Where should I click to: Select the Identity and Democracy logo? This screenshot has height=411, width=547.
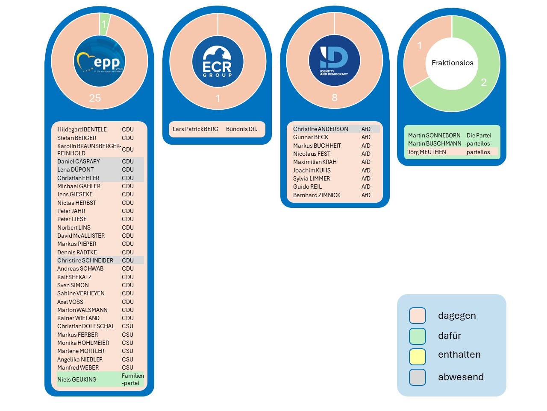click(334, 61)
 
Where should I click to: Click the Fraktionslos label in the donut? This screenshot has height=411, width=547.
click(452, 63)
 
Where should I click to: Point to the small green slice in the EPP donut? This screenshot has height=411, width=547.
click(104, 24)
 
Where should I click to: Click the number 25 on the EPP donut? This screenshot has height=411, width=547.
click(95, 98)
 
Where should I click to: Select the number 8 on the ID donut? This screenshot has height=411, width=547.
click(335, 98)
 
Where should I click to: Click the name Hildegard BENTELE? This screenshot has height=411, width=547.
click(82, 129)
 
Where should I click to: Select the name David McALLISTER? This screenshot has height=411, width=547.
click(81, 236)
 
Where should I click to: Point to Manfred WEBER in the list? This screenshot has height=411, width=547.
click(78, 367)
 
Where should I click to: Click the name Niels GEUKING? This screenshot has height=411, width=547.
click(77, 379)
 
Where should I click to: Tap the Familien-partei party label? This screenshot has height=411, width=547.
click(132, 379)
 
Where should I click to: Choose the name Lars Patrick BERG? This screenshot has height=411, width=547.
click(195, 129)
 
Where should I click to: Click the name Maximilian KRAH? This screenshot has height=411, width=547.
click(315, 162)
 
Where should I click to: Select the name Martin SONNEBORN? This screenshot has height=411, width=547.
click(434, 135)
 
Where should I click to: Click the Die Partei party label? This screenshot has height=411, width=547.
click(479, 135)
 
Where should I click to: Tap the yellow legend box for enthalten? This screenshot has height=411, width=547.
click(418, 356)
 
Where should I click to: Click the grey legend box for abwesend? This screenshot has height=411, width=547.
click(418, 377)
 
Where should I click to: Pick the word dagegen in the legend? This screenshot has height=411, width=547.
click(456, 315)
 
